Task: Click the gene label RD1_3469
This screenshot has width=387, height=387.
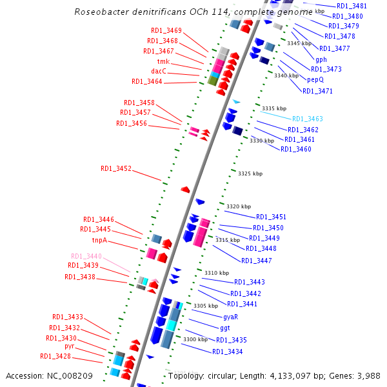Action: (x=166, y=31)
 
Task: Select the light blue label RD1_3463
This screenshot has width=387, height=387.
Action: (x=307, y=119)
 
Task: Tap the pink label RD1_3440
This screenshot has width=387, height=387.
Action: (x=86, y=256)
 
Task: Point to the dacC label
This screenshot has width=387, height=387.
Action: (x=159, y=71)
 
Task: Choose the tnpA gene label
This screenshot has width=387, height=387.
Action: (x=99, y=240)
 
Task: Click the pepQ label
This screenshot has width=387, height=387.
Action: (x=315, y=80)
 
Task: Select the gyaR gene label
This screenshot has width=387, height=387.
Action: (x=231, y=317)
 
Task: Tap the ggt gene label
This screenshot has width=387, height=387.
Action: (x=225, y=328)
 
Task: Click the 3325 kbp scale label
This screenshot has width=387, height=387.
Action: (x=250, y=174)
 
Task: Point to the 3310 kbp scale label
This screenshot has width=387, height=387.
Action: (x=217, y=273)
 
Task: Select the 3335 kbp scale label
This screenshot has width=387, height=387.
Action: (x=273, y=108)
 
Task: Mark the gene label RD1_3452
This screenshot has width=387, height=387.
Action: (x=116, y=168)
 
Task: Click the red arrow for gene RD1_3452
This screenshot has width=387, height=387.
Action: (x=185, y=189)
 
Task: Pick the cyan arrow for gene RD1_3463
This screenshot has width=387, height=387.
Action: (x=237, y=102)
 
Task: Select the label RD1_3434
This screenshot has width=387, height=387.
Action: (x=228, y=352)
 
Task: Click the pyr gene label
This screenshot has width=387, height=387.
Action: (x=70, y=346)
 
